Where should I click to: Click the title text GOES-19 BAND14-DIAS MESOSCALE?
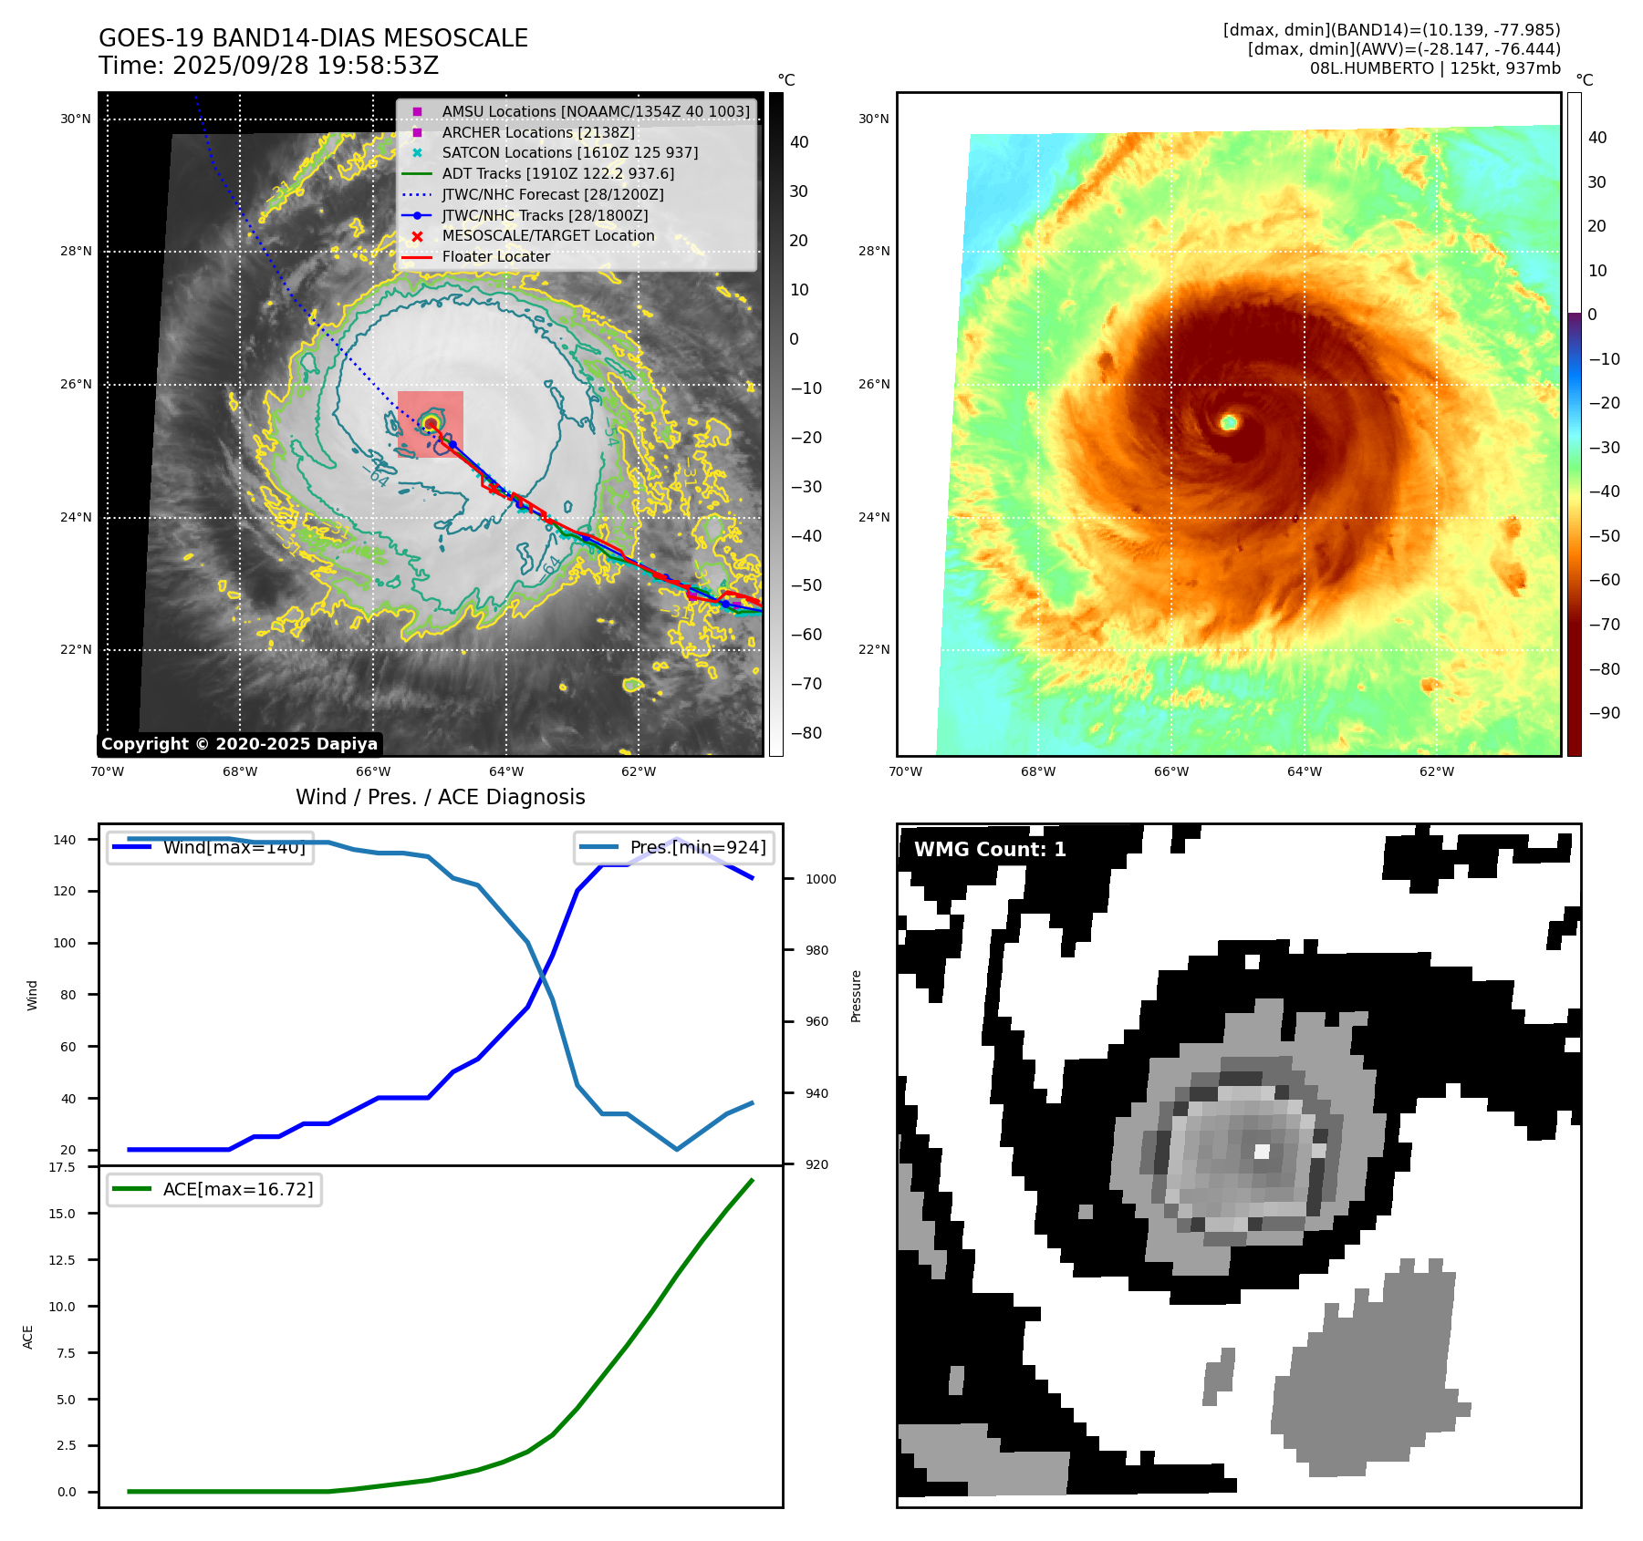pos(313,38)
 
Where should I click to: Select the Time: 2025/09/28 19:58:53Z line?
pos(268,67)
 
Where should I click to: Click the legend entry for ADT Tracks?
pos(557,173)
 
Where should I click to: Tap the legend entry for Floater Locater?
pos(495,257)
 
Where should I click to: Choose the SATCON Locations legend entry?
pos(569,153)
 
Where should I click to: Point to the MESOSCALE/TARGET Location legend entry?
pos(547,236)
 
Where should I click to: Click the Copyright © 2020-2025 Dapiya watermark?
pos(239,744)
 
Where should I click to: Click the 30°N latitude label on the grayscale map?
pos(76,119)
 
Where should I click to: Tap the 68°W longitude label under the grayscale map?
pos(240,772)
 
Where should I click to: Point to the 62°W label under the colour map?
pos(1437,772)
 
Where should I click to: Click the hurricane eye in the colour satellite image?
pos(1229,422)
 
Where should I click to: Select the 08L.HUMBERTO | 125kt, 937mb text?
pos(1435,68)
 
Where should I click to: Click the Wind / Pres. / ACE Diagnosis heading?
pos(440,797)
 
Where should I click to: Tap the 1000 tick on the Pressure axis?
pos(820,879)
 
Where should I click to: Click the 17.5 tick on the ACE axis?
pos(62,1167)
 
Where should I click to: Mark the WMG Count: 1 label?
pos(990,850)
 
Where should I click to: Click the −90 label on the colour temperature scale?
pos(1604,713)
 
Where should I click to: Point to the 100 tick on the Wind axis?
pos(65,943)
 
